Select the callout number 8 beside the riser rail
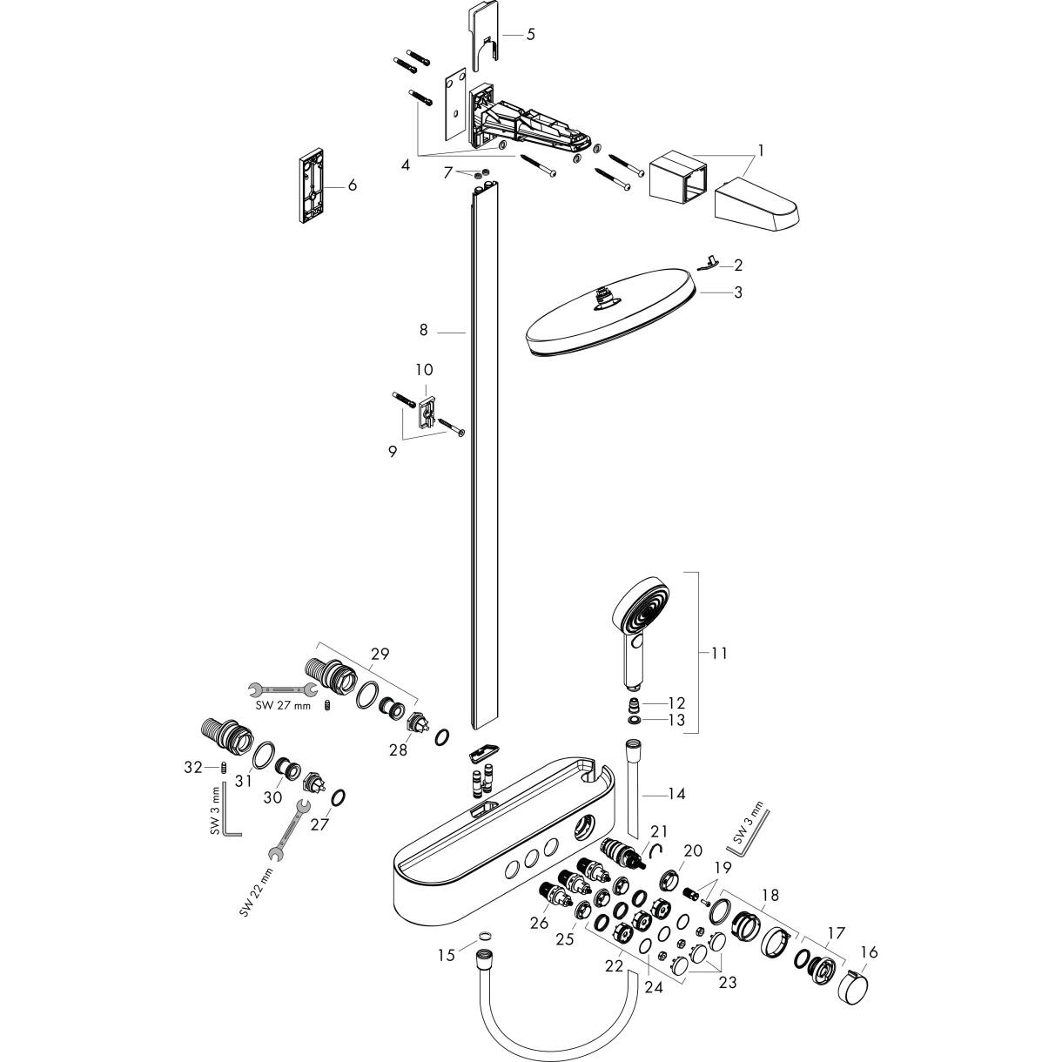pyautogui.click(x=424, y=331)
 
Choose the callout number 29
pyautogui.click(x=380, y=653)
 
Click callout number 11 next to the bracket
pyautogui.click(x=719, y=653)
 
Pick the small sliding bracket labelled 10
pyautogui.click(x=427, y=410)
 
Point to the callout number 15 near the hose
pyautogui.click(x=447, y=956)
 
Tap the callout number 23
pyautogui.click(x=728, y=983)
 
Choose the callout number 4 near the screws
pyautogui.click(x=406, y=164)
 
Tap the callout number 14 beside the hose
pyautogui.click(x=676, y=794)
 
